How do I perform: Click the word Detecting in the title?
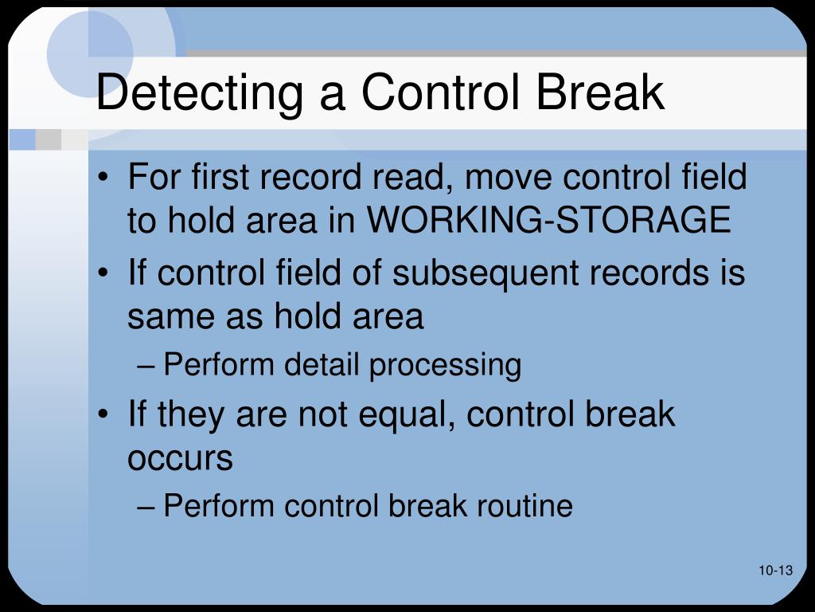pyautogui.click(x=200, y=93)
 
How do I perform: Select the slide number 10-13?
pyautogui.click(x=776, y=571)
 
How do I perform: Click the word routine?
pyautogui.click(x=529, y=506)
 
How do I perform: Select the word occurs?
pyautogui.click(x=180, y=459)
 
